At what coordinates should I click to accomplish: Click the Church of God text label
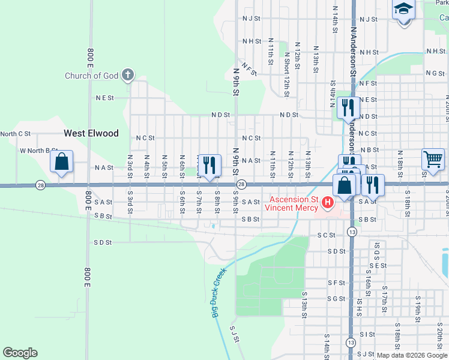(x=92, y=76)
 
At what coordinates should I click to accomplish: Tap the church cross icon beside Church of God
(x=127, y=75)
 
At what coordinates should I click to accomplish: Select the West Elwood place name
(x=91, y=133)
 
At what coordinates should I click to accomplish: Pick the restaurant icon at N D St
(x=348, y=108)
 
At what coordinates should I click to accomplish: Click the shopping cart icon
(x=433, y=160)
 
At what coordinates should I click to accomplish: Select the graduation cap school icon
(x=404, y=10)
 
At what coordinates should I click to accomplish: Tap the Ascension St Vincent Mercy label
(x=293, y=203)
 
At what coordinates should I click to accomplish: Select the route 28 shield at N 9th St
(x=241, y=184)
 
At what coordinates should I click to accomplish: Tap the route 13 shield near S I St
(x=351, y=341)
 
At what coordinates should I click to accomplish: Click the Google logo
(x=20, y=353)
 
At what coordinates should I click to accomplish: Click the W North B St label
(x=36, y=151)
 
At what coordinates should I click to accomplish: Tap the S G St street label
(x=336, y=298)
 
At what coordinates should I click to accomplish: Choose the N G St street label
(x=435, y=73)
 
